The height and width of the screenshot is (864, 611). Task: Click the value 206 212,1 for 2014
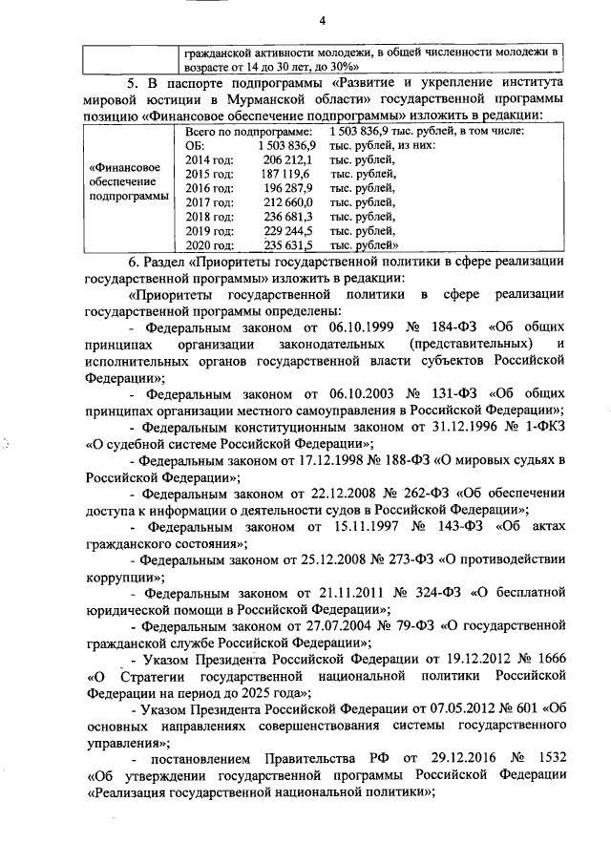[285, 159]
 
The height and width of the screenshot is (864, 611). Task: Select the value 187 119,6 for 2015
[285, 174]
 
